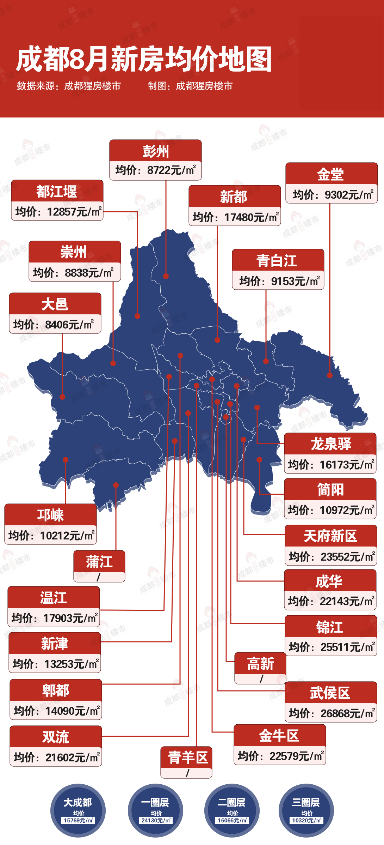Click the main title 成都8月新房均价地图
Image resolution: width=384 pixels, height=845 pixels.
pyautogui.click(x=144, y=59)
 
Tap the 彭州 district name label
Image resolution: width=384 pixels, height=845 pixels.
pyautogui.click(x=155, y=151)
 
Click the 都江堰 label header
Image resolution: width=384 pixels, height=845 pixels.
pyautogui.click(x=57, y=192)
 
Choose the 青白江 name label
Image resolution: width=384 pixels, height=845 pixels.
pyautogui.click(x=278, y=260)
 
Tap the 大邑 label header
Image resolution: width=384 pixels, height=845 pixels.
pyautogui.click(x=55, y=304)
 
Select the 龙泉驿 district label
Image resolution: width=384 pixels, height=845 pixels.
pyautogui.click(x=330, y=444)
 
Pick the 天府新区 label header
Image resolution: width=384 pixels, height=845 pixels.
pyautogui.click(x=330, y=536)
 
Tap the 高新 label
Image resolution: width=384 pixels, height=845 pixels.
pyautogui.click(x=260, y=664)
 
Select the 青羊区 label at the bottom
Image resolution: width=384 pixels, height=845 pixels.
pyautogui.click(x=187, y=758)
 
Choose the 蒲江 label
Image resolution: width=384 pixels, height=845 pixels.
pyautogui.click(x=99, y=562)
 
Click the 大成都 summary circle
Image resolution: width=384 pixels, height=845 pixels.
pyautogui.click(x=78, y=810)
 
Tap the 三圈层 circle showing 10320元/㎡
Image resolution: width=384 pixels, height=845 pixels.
pyautogui.click(x=306, y=810)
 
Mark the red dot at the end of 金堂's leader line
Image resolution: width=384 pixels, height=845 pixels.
pyautogui.click(x=330, y=375)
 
